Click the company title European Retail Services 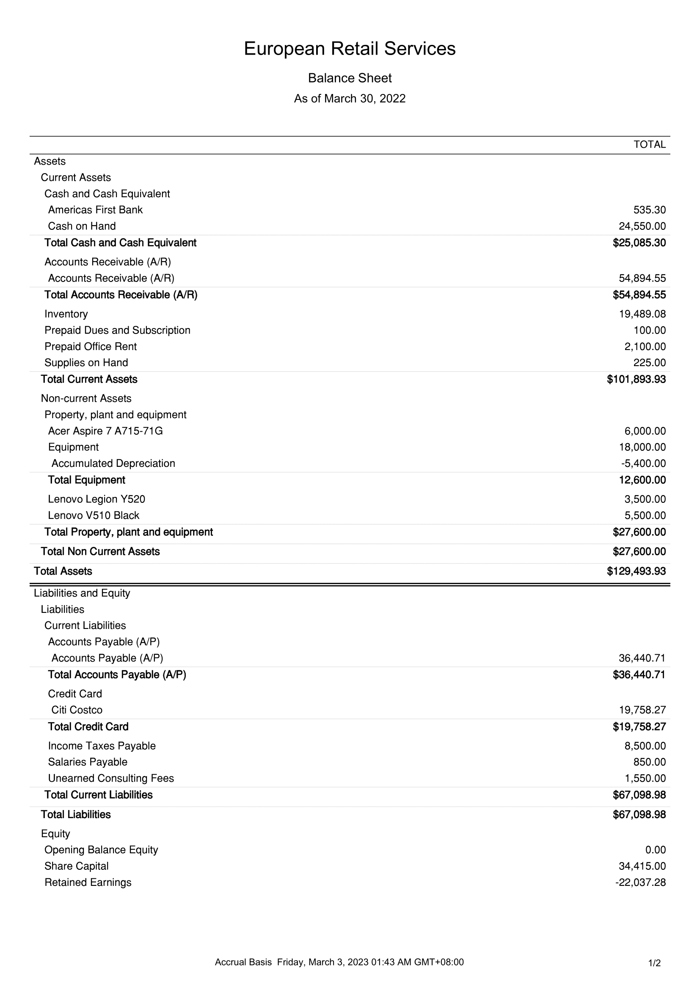point(350,49)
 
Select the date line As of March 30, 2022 point(350,99)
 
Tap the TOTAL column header point(649,145)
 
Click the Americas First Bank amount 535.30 point(649,210)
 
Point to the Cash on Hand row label point(82,226)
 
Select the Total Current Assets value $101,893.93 point(636,379)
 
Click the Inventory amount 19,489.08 point(642,314)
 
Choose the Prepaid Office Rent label point(91,347)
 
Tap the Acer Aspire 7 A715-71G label point(105,431)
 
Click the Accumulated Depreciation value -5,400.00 point(643,463)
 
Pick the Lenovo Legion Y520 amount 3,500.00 point(645,499)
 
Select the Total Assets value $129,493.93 point(636,571)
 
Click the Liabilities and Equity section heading point(82,593)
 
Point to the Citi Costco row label point(77,710)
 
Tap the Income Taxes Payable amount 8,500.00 point(645,746)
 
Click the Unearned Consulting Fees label point(111,778)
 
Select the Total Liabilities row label point(76,814)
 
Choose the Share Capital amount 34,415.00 point(642,866)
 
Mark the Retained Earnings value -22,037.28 point(640,882)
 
